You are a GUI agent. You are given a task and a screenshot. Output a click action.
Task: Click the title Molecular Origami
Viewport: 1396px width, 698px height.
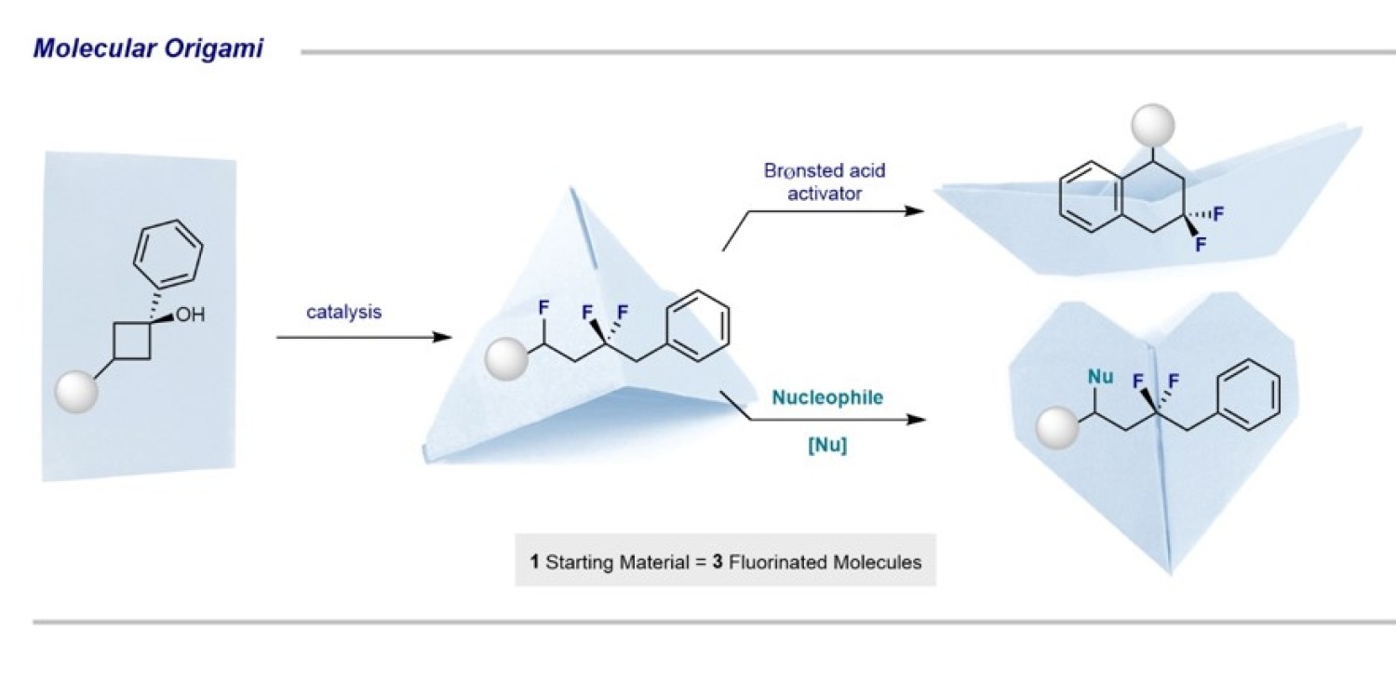coord(148,48)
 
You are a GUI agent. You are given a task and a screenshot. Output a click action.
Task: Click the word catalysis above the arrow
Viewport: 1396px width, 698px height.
coord(343,312)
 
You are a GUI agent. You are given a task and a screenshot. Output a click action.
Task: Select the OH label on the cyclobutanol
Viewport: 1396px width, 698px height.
coord(189,315)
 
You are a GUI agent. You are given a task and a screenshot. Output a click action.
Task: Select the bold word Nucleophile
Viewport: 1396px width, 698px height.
coord(826,398)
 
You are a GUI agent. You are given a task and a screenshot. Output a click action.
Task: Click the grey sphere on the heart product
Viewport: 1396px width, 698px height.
coord(1058,430)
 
